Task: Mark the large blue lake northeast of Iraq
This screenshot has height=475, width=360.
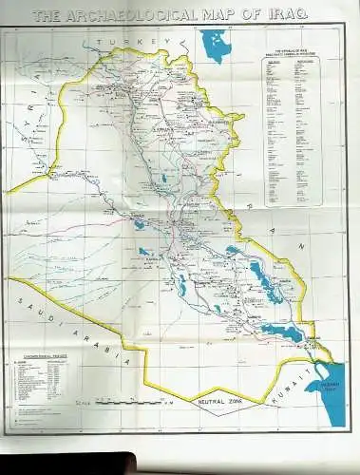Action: click(218, 45)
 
